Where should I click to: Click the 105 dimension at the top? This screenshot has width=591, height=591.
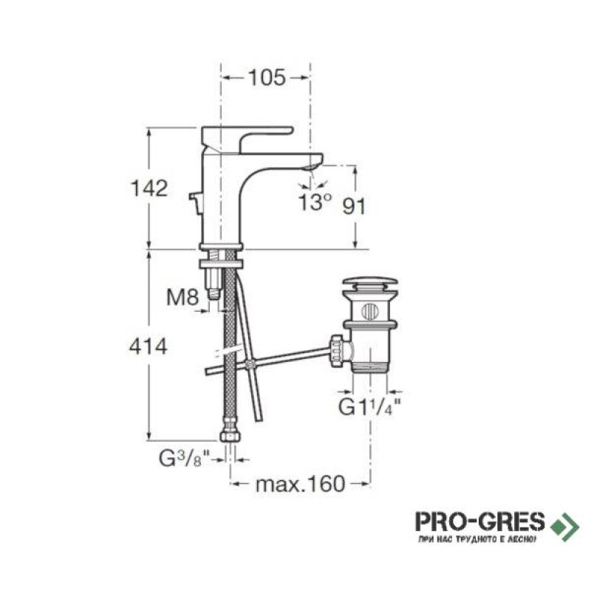pyautogui.click(x=267, y=78)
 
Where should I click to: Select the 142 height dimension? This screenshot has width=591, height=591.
pyautogui.click(x=149, y=188)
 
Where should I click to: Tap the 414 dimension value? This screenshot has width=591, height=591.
pyautogui.click(x=148, y=346)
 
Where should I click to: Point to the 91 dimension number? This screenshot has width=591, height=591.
pyautogui.click(x=354, y=207)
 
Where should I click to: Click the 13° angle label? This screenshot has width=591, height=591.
pyautogui.click(x=315, y=202)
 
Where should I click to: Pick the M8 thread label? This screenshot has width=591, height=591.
pyautogui.click(x=182, y=298)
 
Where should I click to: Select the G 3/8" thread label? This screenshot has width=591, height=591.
pyautogui.click(x=184, y=459)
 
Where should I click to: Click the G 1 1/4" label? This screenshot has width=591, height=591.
pyautogui.click(x=369, y=407)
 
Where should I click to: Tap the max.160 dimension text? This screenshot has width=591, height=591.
pyautogui.click(x=300, y=485)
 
